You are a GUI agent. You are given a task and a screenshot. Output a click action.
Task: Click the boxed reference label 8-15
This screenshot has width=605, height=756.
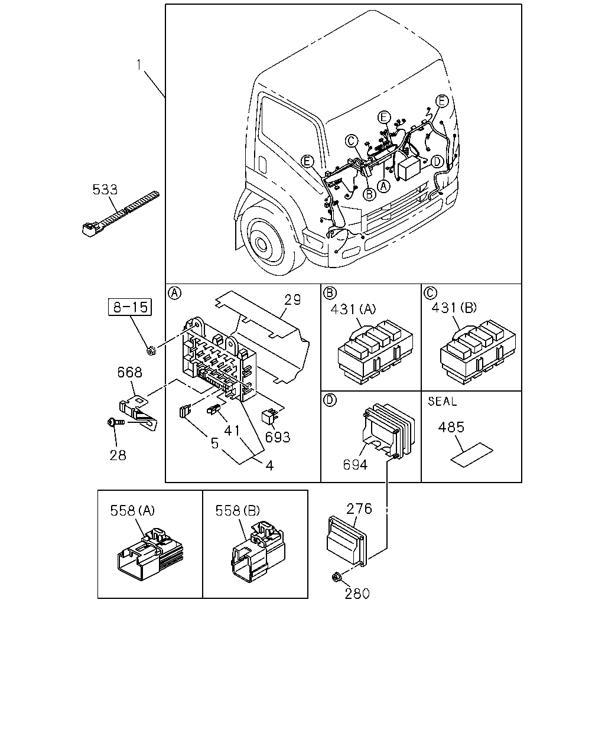[130, 307]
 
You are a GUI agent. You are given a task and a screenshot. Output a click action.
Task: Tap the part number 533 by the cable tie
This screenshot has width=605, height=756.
[105, 190]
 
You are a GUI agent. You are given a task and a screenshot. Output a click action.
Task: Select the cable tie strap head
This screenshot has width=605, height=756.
[90, 229]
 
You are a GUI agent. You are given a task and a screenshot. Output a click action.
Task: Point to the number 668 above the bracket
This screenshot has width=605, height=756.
[130, 372]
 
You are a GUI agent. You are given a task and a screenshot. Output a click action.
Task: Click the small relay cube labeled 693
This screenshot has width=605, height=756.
[269, 417]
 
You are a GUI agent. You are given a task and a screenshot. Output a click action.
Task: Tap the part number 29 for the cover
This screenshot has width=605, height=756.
[292, 299]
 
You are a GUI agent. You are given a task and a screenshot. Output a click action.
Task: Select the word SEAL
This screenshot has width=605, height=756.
[443, 401]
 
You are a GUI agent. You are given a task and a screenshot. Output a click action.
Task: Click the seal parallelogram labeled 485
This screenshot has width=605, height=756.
[471, 455]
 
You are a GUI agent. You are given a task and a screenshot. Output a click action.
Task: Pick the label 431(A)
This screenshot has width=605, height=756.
[353, 309]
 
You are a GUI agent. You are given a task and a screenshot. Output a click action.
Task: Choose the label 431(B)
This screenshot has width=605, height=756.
[454, 308]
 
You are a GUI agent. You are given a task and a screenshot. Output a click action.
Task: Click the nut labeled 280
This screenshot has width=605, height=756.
[336, 576]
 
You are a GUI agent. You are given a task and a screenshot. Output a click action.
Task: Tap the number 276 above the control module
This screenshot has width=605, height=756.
[359, 509]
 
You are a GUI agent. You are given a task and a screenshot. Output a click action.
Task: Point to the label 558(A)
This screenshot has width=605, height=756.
[132, 510]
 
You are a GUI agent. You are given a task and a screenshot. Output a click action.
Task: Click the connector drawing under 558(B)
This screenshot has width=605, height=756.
[258, 552]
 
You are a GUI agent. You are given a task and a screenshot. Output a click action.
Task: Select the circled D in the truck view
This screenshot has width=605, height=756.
[437, 162]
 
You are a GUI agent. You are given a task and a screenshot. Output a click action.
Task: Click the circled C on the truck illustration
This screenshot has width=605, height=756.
[351, 141]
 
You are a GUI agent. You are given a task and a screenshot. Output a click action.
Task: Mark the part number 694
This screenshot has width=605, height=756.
[355, 465]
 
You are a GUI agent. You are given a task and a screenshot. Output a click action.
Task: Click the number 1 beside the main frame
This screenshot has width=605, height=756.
[139, 64]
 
